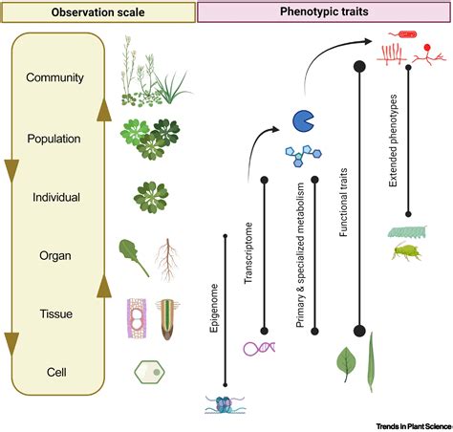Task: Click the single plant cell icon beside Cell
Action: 148,371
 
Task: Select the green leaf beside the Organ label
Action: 132,255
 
